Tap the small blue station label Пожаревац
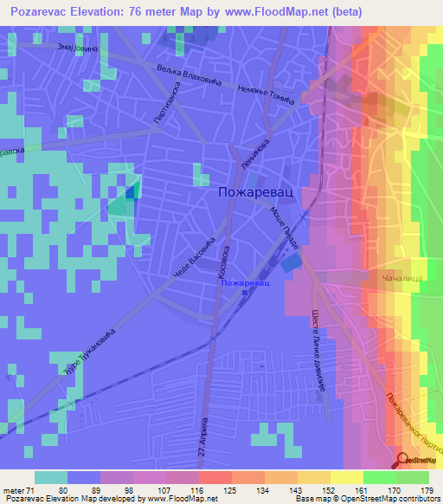(x=246, y=283)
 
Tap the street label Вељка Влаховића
(x=184, y=75)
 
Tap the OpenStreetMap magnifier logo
(x=403, y=461)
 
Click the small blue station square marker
(x=245, y=293)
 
